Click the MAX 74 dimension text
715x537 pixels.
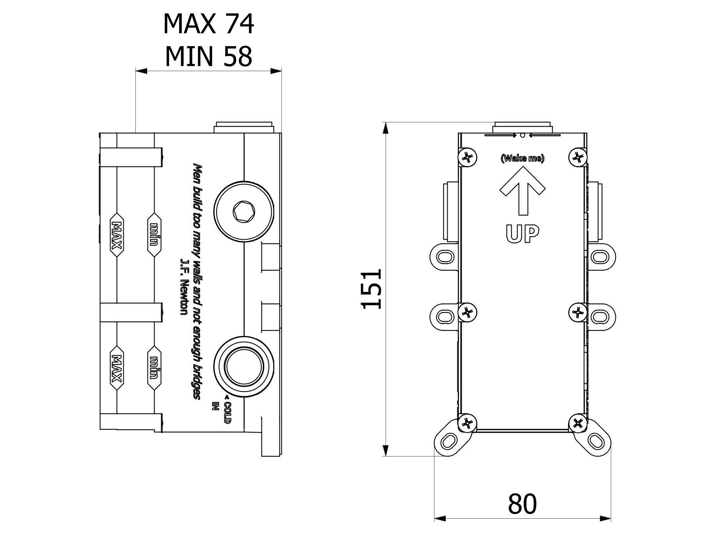coord(208,24)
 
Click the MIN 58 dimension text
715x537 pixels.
coord(208,56)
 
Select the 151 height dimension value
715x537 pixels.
coord(371,288)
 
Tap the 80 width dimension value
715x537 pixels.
coord(522,503)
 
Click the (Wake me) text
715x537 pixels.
coord(522,158)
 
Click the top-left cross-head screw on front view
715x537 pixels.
coord(467,158)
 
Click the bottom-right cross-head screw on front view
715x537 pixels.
coord(578,423)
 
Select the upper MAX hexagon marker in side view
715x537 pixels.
coord(117,235)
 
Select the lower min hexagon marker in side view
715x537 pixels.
coord(154,367)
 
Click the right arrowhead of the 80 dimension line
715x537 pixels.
coord(606,518)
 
